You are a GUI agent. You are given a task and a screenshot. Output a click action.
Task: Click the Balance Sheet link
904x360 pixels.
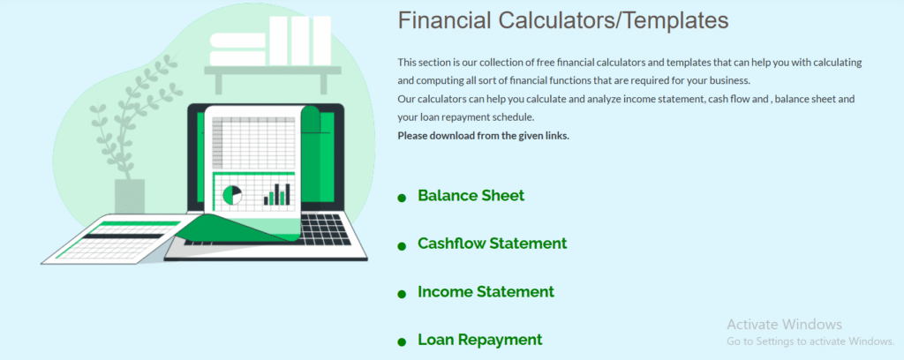(x=471, y=196)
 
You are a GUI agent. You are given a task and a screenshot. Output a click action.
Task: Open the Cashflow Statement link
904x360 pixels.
(x=493, y=244)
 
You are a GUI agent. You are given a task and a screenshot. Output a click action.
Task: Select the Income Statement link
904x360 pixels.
(x=486, y=291)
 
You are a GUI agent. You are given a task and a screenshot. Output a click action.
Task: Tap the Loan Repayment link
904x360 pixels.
(x=480, y=340)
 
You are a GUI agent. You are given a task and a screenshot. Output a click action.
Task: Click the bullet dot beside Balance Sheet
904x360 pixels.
(x=402, y=199)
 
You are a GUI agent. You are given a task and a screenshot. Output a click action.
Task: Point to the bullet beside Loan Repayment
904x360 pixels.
(x=402, y=342)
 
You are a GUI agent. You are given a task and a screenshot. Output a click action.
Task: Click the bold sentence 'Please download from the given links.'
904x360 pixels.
(x=483, y=137)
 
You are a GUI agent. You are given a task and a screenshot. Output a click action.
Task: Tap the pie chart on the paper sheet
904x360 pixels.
(x=232, y=195)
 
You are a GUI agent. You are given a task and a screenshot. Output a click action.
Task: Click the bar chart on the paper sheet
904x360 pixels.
(x=276, y=194)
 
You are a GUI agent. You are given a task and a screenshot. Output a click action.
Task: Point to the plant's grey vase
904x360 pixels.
(x=130, y=196)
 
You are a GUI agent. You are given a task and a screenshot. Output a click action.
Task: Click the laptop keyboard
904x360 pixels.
(x=325, y=229)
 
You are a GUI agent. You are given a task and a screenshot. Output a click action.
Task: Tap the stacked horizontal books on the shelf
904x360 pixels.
(x=237, y=49)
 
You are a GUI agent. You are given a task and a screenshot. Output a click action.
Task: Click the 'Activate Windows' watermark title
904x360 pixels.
(x=784, y=325)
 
